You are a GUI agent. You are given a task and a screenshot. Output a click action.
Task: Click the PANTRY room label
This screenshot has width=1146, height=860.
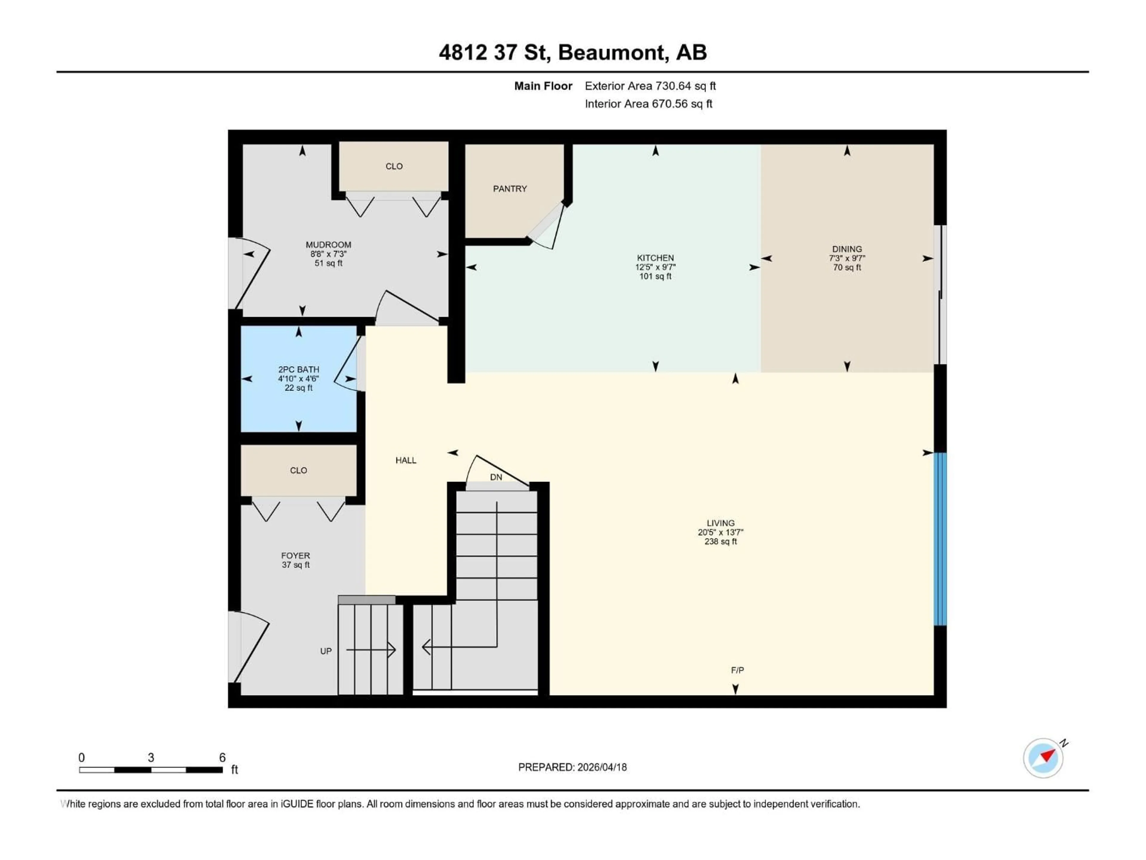tap(510, 189)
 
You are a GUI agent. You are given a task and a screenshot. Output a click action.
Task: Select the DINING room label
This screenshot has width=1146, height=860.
tap(847, 249)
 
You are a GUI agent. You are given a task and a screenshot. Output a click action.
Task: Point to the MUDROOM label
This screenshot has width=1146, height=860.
tap(329, 245)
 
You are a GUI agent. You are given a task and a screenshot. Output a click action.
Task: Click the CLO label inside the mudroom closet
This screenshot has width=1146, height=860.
tap(394, 166)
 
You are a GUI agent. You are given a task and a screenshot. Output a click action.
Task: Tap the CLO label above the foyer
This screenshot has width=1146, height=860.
tap(298, 470)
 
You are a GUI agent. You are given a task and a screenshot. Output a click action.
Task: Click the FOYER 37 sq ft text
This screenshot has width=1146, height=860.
tap(296, 565)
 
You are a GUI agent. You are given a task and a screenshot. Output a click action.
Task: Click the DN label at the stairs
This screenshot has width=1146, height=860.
tap(496, 477)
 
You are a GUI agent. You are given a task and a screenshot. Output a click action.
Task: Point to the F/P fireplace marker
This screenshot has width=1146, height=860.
tap(737, 670)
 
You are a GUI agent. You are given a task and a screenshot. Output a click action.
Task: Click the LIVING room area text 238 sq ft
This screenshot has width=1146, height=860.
tap(720, 542)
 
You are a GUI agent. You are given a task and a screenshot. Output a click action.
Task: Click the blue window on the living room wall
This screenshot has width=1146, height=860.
tap(940, 539)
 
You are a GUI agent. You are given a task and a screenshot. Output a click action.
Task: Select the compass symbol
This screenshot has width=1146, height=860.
tap(1043, 758)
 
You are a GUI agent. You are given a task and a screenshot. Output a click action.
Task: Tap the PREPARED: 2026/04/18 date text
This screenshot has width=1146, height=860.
tap(572, 767)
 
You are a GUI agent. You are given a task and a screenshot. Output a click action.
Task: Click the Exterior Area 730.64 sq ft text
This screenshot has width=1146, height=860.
tap(650, 86)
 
